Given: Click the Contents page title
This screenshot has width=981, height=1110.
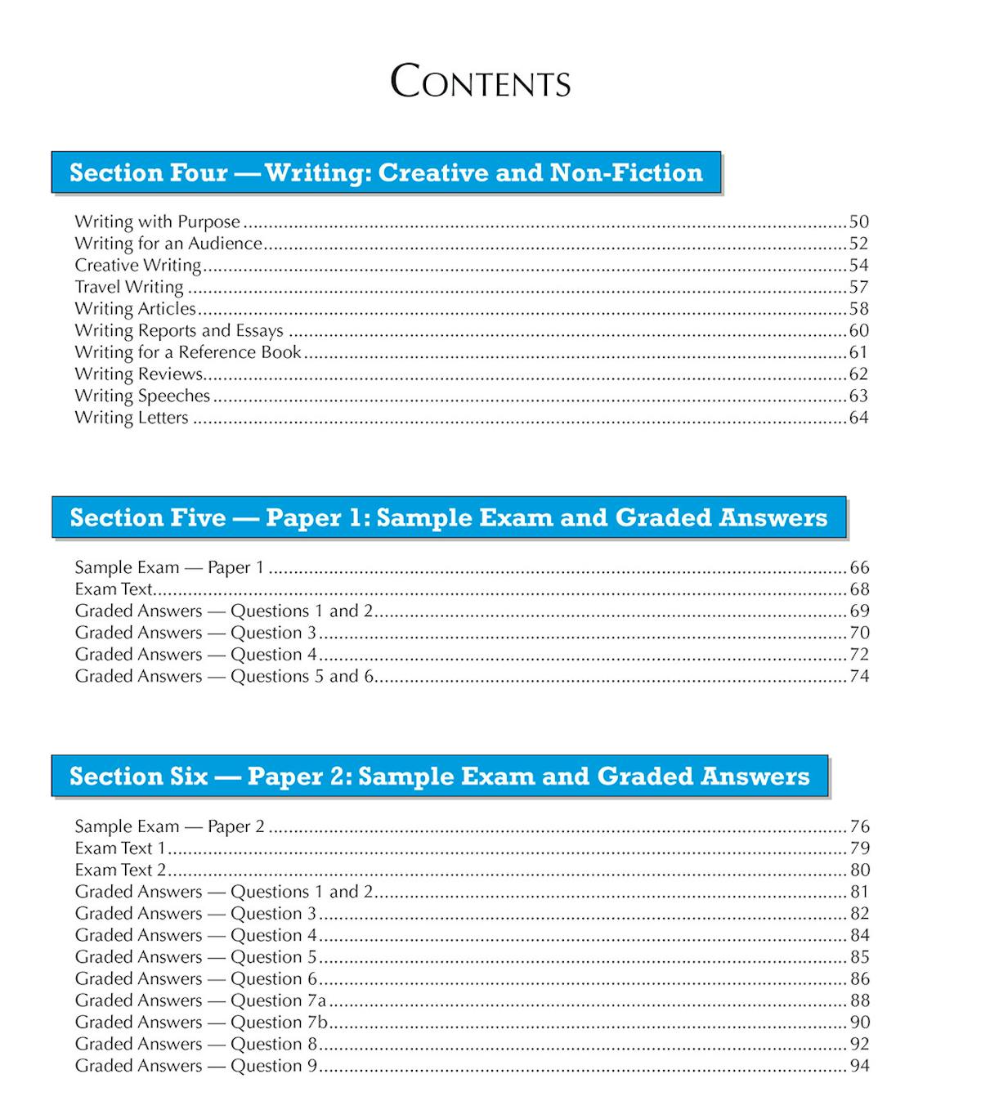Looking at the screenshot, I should click(x=481, y=82).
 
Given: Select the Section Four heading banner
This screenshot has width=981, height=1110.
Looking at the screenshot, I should click(x=386, y=172).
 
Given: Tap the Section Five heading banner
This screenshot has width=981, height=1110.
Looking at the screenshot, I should click(x=448, y=517).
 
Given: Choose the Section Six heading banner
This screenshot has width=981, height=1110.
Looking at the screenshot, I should click(x=439, y=776).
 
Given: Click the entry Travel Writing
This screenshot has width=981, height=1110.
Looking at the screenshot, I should click(x=129, y=287).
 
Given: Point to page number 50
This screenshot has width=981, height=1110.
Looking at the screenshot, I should click(x=858, y=222).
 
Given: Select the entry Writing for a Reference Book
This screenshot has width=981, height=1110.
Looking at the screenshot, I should click(x=188, y=352).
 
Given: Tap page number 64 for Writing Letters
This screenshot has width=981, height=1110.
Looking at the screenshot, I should click(x=858, y=418).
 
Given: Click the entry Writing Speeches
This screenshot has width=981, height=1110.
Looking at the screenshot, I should click(x=142, y=396).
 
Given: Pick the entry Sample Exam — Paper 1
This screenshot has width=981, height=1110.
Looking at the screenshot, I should click(x=169, y=567).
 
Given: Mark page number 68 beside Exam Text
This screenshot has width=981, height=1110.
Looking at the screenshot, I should click(x=859, y=589).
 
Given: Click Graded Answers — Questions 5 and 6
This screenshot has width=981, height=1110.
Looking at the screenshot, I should click(x=224, y=676).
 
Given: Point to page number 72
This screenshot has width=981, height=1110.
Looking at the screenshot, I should click(x=859, y=654).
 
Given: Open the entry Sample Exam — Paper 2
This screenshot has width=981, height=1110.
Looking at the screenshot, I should click(x=169, y=826).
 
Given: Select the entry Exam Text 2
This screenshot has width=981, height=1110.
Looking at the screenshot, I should click(x=120, y=870).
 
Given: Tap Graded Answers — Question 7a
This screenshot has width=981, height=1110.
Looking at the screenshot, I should click(x=200, y=1000).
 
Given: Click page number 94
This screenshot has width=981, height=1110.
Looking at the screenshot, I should click(x=859, y=1066).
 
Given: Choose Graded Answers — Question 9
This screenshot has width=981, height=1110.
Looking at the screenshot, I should click(x=195, y=1066).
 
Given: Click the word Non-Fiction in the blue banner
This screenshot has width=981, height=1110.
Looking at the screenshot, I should click(x=626, y=172).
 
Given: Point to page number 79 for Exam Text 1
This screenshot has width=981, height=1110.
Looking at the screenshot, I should click(x=859, y=848).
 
